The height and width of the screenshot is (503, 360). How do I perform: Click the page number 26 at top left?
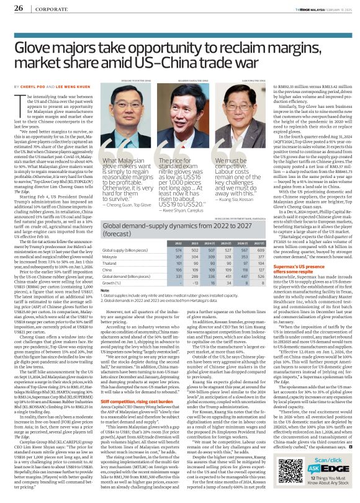(x=19, y=7)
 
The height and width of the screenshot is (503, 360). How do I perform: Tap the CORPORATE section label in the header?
(x=53, y=8)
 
